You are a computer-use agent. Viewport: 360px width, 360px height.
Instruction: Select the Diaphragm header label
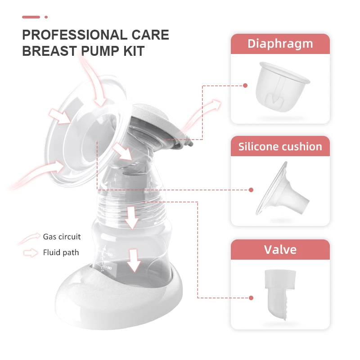point(280,44)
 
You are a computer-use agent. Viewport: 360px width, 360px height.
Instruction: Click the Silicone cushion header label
point(280,146)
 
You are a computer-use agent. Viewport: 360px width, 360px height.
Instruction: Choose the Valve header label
point(280,249)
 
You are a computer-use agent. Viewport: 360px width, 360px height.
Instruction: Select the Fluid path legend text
point(61,252)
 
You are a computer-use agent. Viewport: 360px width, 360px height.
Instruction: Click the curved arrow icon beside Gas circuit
point(31,237)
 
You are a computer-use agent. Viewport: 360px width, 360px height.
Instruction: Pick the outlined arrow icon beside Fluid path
point(31,253)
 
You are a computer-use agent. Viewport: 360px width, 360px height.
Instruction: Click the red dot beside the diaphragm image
point(245,85)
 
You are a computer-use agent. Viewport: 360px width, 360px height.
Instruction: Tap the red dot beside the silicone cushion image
point(251,190)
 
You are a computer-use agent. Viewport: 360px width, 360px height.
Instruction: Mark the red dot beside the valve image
point(251,297)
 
